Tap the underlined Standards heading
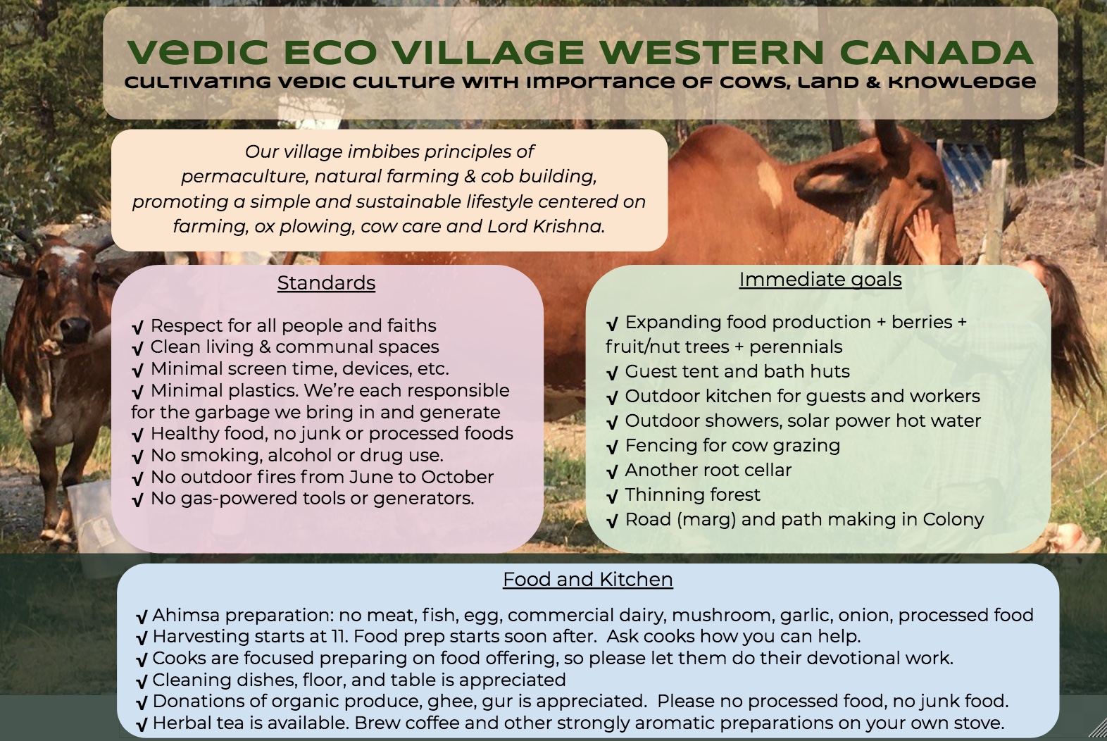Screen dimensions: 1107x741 (326, 283)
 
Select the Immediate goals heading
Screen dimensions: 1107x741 (820, 280)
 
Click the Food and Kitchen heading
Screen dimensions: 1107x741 (588, 580)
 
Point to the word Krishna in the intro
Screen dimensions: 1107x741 (569, 226)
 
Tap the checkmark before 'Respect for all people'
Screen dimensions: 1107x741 (138, 327)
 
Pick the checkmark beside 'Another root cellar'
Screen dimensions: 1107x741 (613, 472)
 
